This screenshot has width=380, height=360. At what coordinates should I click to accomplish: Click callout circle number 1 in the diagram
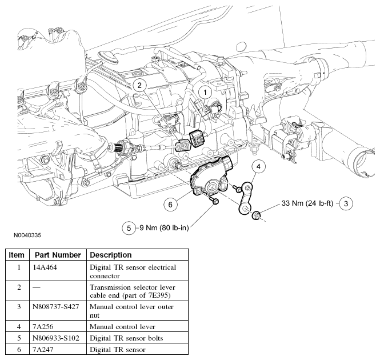point(205,91)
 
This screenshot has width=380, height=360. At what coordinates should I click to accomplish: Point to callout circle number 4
point(258,166)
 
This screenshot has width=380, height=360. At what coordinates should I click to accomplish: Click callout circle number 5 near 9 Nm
point(129,227)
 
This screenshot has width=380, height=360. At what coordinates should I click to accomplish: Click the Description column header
point(111,255)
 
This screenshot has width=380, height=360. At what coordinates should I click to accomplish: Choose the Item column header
point(17,255)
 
